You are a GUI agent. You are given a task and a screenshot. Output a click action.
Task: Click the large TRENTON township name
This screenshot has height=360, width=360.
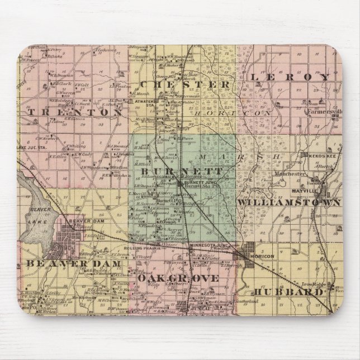tap(74, 112)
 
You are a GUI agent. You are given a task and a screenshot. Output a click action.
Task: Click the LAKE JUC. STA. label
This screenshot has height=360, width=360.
tap(31, 146)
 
